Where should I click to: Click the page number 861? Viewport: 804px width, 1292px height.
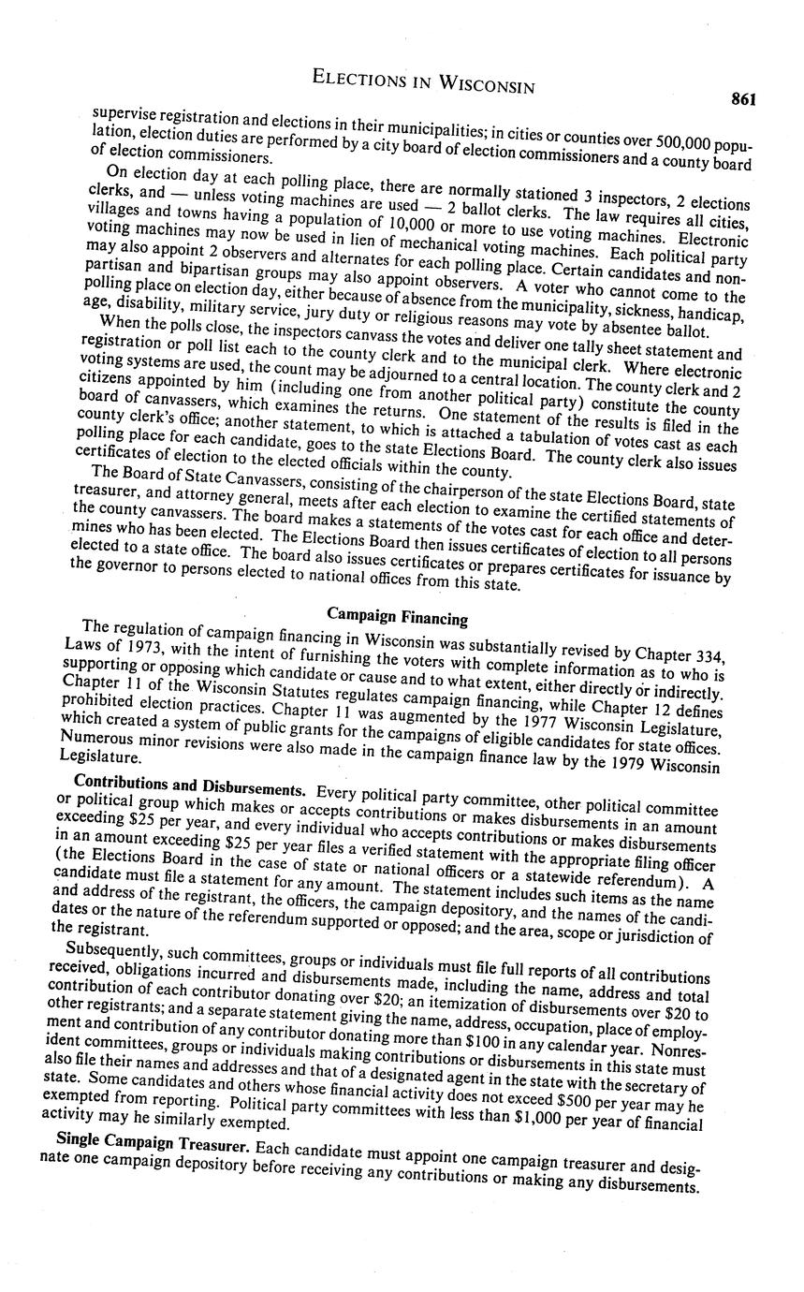[745, 100]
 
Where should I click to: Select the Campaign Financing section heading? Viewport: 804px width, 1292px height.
[397, 616]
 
